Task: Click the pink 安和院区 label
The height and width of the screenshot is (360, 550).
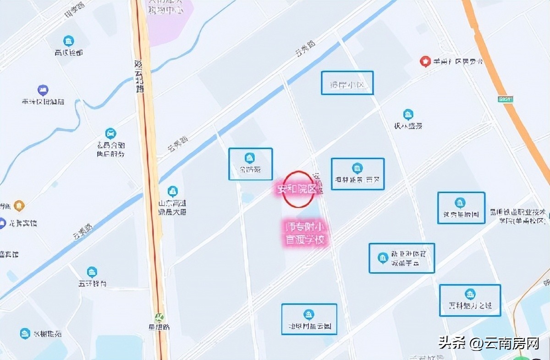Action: (296, 189)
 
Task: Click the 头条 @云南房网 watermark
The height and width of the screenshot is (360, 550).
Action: (489, 342)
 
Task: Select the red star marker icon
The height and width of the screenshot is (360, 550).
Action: (425, 61)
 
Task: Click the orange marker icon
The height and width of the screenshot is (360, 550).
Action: (19, 206)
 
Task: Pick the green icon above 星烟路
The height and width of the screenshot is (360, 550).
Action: (159, 317)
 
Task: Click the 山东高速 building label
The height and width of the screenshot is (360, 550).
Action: (172, 207)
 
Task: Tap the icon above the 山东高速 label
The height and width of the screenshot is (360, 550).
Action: (172, 191)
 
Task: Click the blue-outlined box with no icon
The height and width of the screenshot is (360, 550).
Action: (347, 83)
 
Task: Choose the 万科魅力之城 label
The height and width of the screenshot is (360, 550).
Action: (470, 305)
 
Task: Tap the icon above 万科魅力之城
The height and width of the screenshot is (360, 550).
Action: (470, 294)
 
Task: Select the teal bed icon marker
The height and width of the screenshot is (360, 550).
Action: (110, 133)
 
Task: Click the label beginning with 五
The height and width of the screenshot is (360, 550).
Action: (92, 284)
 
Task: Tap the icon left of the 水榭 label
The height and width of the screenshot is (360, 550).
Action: (25, 333)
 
